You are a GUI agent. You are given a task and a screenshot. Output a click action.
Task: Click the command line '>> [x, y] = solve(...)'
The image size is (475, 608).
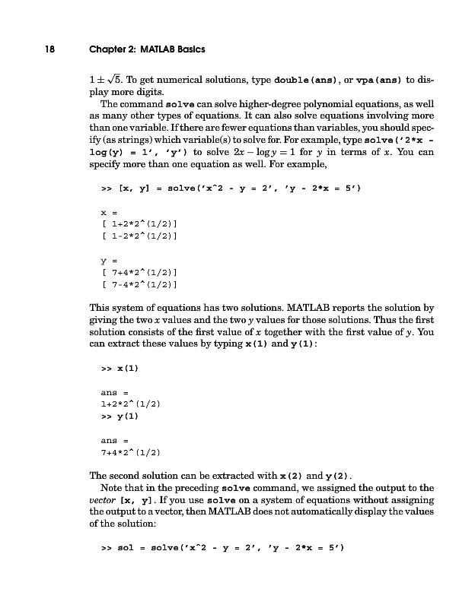point(218,185)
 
